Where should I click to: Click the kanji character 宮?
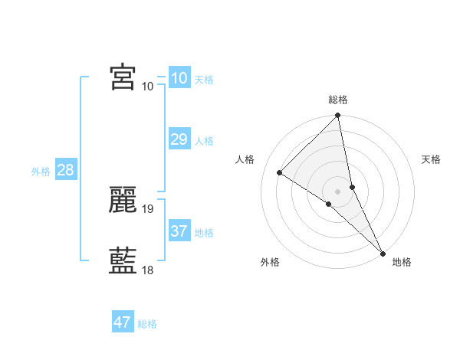point(123,77)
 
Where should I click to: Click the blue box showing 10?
point(179,78)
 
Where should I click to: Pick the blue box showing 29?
point(179,139)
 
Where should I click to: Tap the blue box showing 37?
point(179,231)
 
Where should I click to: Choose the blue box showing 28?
point(65,170)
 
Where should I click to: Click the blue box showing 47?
point(123,322)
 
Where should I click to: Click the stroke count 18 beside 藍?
point(148,270)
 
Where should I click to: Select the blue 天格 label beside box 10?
point(204,80)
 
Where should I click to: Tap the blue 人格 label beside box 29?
point(204,141)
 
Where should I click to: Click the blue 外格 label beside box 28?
point(41,172)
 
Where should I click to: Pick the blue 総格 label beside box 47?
point(147,324)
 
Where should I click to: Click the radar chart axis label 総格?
point(338,100)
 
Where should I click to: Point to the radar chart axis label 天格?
point(432,159)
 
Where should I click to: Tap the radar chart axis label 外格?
point(270,263)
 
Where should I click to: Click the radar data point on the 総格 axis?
point(338,116)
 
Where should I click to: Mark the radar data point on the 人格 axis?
point(280,172)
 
